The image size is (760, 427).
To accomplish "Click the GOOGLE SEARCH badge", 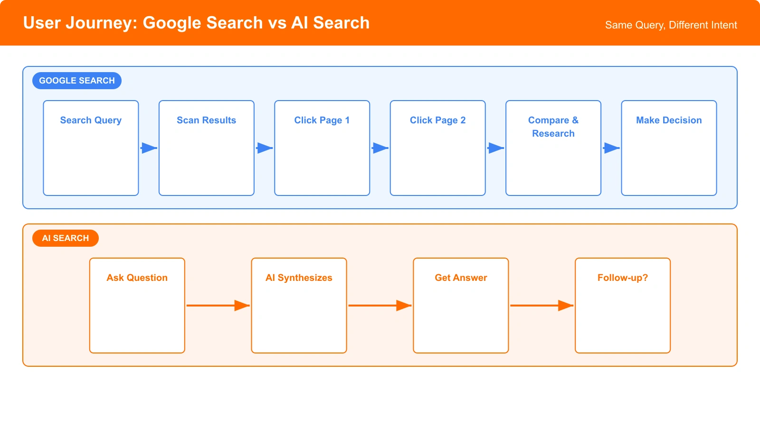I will pyautogui.click(x=76, y=81).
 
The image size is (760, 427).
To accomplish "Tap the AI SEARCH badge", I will pyautogui.click(x=65, y=238).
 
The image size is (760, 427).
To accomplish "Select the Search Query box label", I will pyautogui.click(x=91, y=121).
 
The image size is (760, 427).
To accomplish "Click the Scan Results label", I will pyautogui.click(x=206, y=121).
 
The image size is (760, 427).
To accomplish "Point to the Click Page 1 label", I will pyautogui.click(x=322, y=121).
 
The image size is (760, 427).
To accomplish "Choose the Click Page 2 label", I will pyautogui.click(x=437, y=121).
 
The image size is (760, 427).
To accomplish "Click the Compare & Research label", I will pyautogui.click(x=553, y=127).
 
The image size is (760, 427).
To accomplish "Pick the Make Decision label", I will pyautogui.click(x=669, y=121).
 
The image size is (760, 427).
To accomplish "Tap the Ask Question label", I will pyautogui.click(x=137, y=278).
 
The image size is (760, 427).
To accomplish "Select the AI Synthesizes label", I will pyautogui.click(x=299, y=278).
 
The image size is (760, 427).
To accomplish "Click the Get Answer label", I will pyautogui.click(x=461, y=278).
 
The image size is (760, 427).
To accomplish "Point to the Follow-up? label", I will pyautogui.click(x=622, y=278).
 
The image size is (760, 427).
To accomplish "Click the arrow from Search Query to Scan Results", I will pyautogui.click(x=149, y=148).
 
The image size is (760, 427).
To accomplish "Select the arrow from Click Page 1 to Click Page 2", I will pyautogui.click(x=380, y=148).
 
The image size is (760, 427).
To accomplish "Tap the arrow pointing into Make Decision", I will pyautogui.click(x=611, y=148).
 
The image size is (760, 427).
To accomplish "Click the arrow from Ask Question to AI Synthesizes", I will pyautogui.click(x=218, y=306).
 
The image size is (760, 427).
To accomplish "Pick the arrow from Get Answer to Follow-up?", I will pyautogui.click(x=541, y=306).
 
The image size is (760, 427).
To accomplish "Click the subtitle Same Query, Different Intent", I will pyautogui.click(x=671, y=25).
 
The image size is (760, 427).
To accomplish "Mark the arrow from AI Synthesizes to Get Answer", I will pyautogui.click(x=380, y=306).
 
